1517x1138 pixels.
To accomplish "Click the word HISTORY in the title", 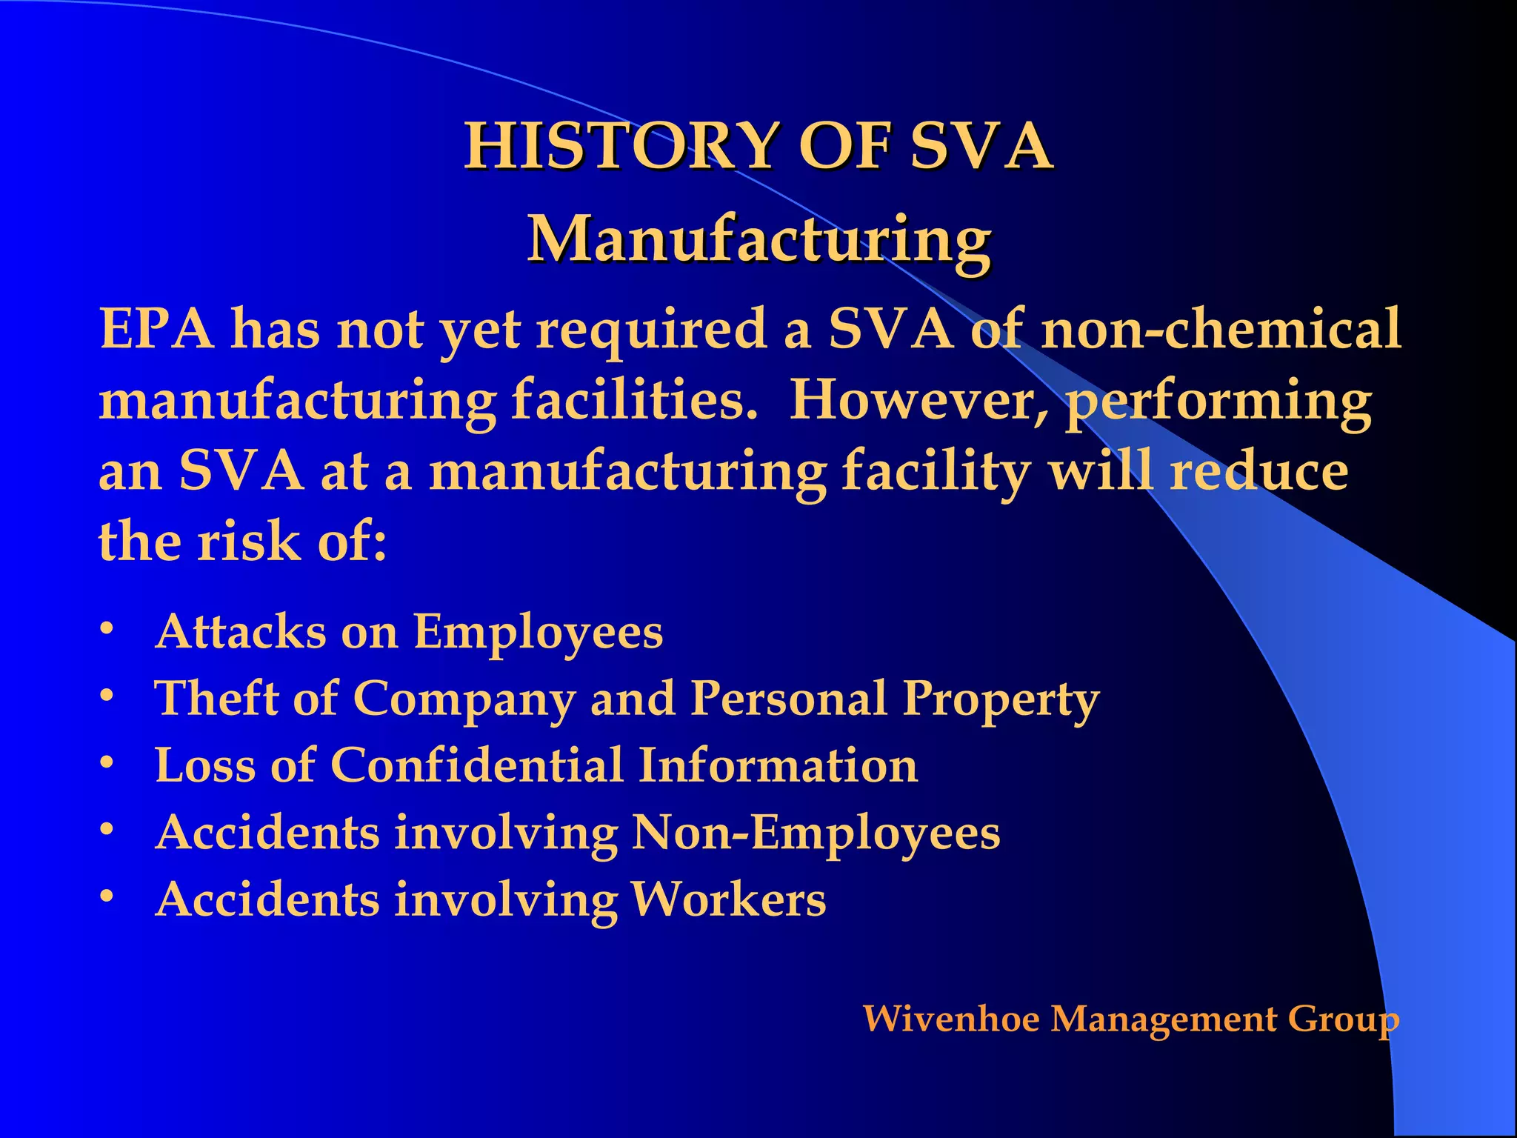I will pyautogui.click(x=622, y=146).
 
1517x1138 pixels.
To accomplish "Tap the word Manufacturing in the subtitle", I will pyautogui.click(x=758, y=239).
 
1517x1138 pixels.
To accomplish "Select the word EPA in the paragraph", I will pyautogui.click(x=157, y=328).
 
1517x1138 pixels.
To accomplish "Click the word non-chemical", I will pyautogui.click(x=1221, y=328).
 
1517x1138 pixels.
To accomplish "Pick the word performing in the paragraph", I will pyautogui.click(x=1218, y=400).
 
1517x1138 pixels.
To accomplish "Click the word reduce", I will pyautogui.click(x=1259, y=471).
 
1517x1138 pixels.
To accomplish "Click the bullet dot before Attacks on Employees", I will pyautogui.click(x=107, y=629).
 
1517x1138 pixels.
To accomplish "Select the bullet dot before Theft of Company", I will pyautogui.click(x=107, y=696).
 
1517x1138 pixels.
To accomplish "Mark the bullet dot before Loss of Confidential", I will pyautogui.click(x=107, y=762).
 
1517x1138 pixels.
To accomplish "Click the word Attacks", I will pyautogui.click(x=240, y=632).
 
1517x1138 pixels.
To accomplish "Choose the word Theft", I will pyautogui.click(x=216, y=699).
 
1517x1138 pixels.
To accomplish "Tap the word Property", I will pyautogui.click(x=1001, y=699).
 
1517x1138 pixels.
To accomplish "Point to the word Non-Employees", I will pyautogui.click(x=816, y=833).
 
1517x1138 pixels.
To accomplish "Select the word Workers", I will pyautogui.click(x=727, y=899).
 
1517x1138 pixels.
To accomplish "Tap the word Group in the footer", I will pyautogui.click(x=1344, y=1019).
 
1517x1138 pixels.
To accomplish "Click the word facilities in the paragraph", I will pyautogui.click(x=633, y=400).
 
